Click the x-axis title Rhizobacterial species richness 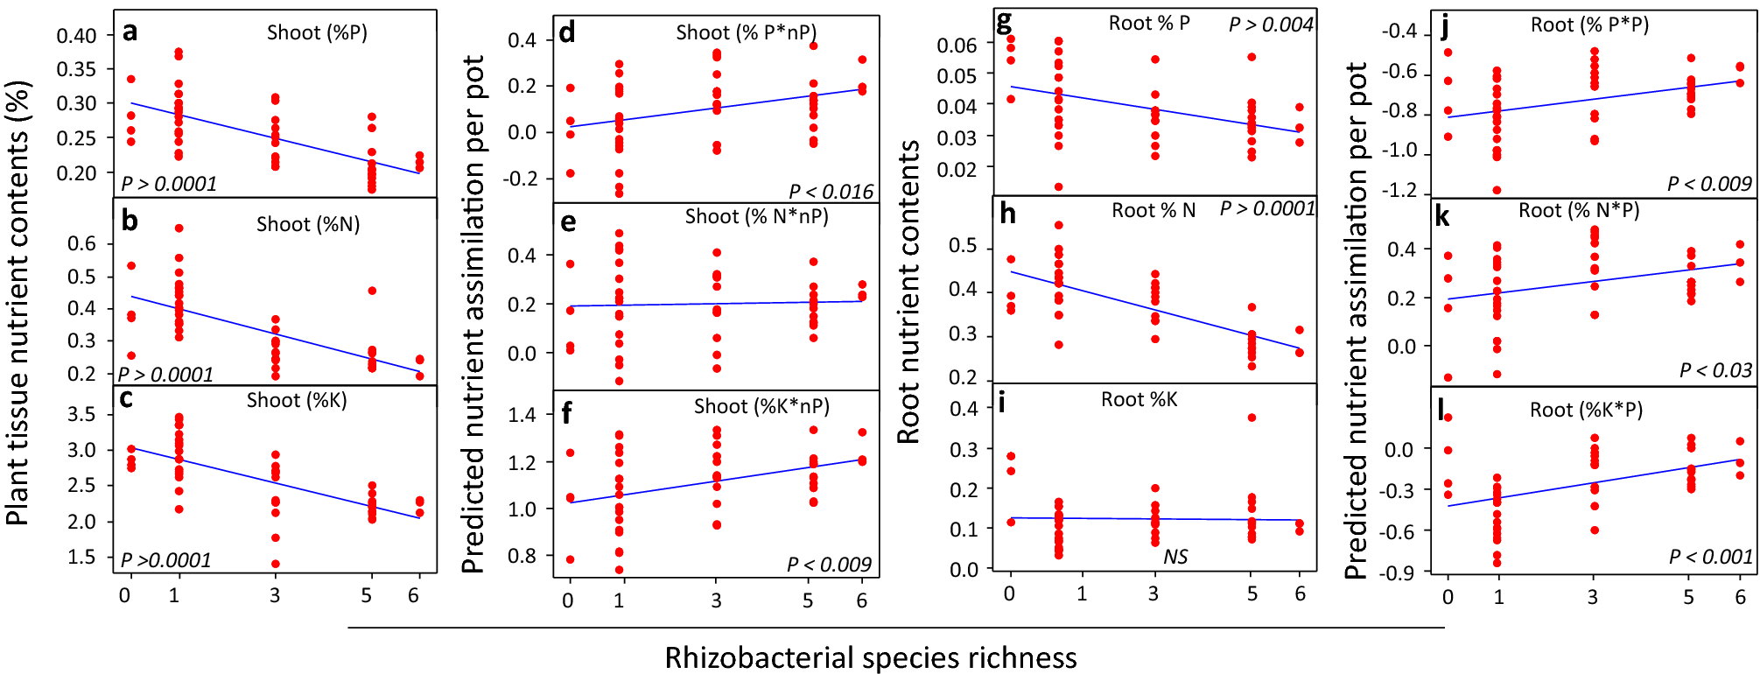point(871,657)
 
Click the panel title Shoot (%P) point(317,33)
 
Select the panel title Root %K point(1139,400)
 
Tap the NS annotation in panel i point(1175,558)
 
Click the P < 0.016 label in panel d point(831,192)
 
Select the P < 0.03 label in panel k point(1715,371)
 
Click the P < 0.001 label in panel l point(1710,558)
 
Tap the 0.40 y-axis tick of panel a point(77,36)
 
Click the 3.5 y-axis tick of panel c point(82,414)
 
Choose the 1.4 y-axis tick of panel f point(522,415)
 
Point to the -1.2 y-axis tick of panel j point(1399,191)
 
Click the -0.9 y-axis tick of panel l point(1399,572)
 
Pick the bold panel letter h point(1007,214)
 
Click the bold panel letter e point(568,222)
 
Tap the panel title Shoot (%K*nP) point(761,407)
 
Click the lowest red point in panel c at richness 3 point(276,564)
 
